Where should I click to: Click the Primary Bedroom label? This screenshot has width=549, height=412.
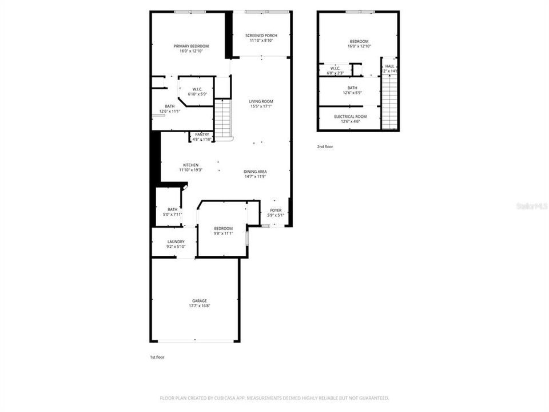(191, 46)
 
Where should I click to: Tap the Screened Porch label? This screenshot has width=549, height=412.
(261, 35)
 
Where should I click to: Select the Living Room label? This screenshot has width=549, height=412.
(261, 101)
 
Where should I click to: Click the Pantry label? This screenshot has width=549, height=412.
(202, 134)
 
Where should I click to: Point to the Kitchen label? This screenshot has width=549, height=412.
(190, 165)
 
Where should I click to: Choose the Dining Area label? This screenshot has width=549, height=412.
(255, 172)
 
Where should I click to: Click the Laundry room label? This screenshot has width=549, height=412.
(176, 241)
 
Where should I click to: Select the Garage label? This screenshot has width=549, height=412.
(199, 301)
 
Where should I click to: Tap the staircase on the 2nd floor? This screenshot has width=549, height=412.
(389, 101)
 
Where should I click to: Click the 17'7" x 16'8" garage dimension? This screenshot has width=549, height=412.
(199, 306)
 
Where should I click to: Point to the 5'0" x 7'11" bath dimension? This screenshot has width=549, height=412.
(173, 215)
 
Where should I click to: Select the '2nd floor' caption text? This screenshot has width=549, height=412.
(325, 147)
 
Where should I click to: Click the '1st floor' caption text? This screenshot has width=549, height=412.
(157, 357)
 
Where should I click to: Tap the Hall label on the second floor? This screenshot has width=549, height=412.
(389, 66)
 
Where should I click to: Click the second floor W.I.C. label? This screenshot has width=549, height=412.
(335, 68)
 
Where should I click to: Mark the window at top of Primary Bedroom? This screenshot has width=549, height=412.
(190, 11)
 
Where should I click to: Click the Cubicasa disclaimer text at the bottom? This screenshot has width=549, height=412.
(274, 398)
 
